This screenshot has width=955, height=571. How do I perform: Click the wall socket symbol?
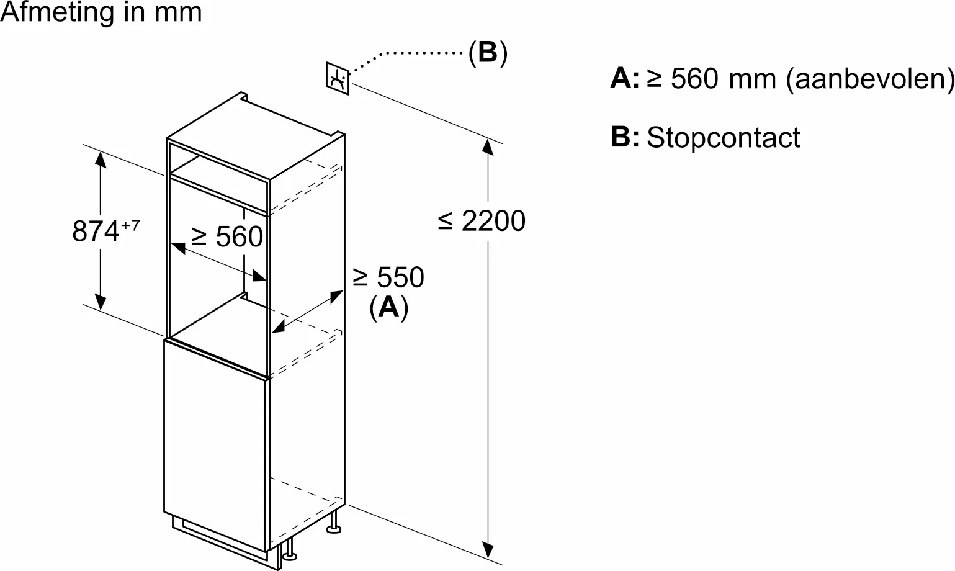338,78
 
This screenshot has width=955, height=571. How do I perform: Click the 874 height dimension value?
96,232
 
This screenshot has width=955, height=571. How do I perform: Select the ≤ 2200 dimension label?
482,221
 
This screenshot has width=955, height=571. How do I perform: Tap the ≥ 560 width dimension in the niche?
228,236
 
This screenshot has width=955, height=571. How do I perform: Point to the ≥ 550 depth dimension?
388,277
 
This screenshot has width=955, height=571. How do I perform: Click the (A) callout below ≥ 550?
388,307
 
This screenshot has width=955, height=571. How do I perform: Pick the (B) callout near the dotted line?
488,53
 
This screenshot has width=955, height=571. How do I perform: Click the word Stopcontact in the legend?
724,137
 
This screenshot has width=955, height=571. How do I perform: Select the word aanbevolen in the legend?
868,79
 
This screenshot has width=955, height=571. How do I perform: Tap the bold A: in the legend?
624,79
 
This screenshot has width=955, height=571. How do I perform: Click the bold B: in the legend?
624,137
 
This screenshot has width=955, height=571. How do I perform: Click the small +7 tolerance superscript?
130,225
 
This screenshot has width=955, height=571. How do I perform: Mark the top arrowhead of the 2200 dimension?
489,148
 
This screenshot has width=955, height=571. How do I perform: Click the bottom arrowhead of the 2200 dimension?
489,549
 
